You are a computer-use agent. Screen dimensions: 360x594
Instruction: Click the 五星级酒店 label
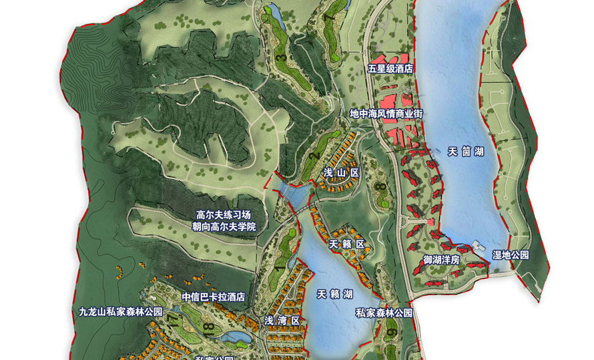coord(390,69)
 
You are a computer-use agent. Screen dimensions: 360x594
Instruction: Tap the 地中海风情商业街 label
coord(386,114)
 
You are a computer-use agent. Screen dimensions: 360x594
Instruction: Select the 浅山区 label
coord(341,173)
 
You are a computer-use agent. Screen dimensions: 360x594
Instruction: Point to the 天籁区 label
coord(347,244)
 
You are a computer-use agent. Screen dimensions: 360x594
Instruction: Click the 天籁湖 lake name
coord(334,294)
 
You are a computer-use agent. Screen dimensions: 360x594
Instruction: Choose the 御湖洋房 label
coord(441,259)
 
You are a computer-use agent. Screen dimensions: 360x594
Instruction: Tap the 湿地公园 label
coord(511,255)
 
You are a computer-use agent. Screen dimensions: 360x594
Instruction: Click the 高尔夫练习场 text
coord(223,215)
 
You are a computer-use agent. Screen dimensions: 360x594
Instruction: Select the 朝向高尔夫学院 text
coord(225,227)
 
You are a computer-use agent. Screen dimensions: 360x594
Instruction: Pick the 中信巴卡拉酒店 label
coord(214,297)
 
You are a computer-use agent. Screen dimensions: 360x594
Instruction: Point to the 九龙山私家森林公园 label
coord(121,312)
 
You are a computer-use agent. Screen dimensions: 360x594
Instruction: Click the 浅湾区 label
coord(282,321)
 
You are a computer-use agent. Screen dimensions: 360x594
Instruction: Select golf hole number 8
coord(378,188)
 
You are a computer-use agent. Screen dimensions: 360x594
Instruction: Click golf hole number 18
coord(209,328)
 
